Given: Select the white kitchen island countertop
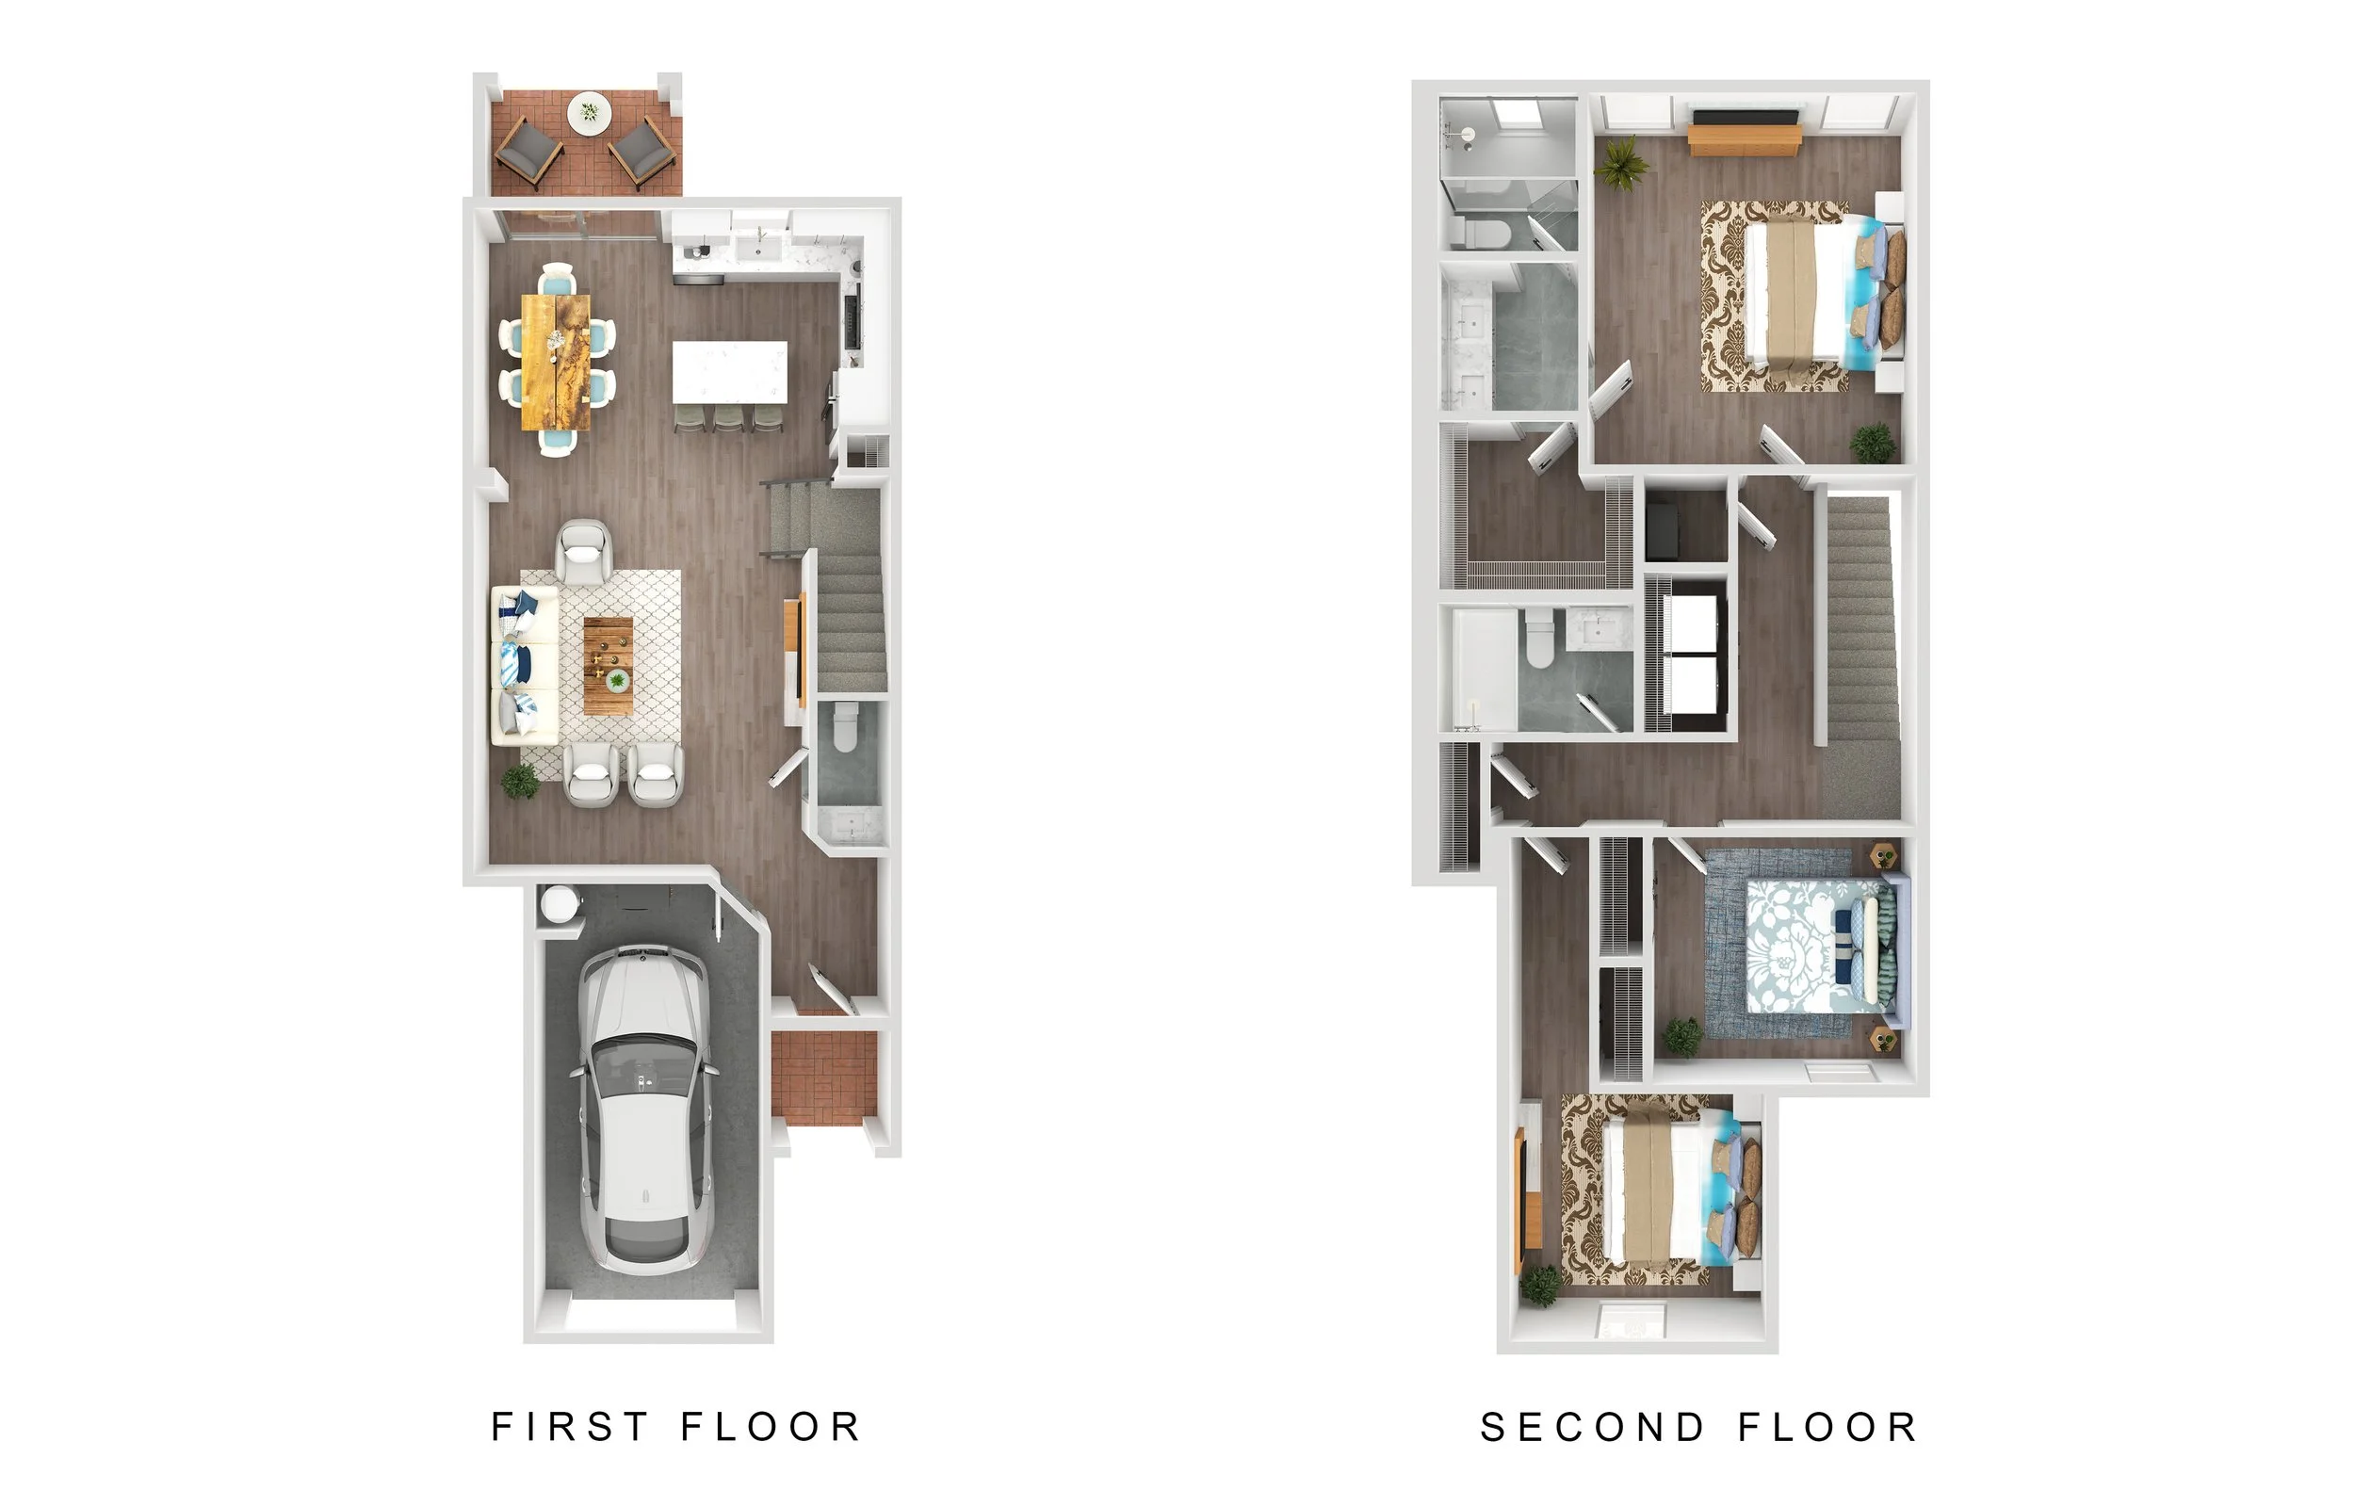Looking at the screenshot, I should coord(730,371).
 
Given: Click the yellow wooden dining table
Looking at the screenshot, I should coord(557,361).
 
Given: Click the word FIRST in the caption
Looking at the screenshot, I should coord(569,1427).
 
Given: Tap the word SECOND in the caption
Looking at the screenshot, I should coord(1593,1428).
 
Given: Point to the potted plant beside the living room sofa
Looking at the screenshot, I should coord(519,781).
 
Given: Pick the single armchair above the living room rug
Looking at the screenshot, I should coord(584,552).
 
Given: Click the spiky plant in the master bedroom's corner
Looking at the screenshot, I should coord(1620,162).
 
